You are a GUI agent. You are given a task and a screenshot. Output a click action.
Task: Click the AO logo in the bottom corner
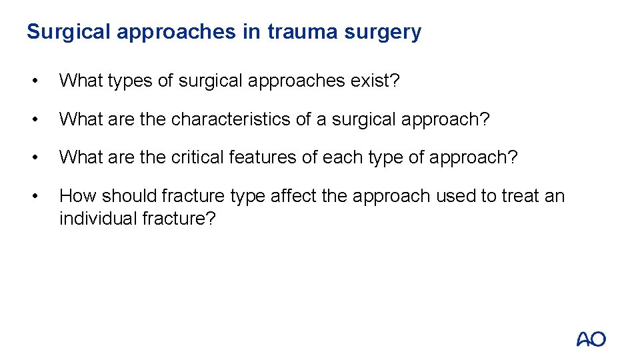pos(591,339)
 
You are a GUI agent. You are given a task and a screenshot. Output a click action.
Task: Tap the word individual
pos(99,219)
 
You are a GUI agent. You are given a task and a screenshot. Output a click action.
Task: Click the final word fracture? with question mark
pos(179,219)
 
